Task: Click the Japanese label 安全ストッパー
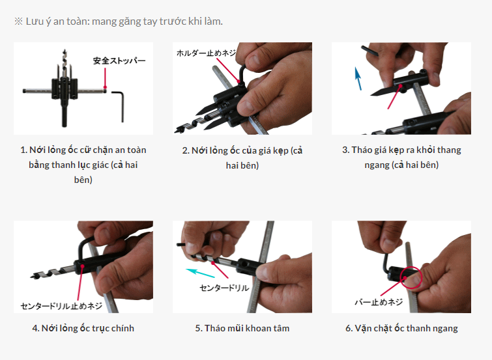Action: point(119,61)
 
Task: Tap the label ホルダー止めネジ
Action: point(207,53)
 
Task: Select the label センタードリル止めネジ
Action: point(61,306)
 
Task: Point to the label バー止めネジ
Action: point(379,302)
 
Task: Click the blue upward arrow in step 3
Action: point(358,78)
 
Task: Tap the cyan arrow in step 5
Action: point(201,273)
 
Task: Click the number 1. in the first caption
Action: point(23,150)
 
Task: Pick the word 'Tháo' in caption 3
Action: point(361,150)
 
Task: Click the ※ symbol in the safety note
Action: point(18,21)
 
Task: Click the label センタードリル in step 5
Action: point(224,288)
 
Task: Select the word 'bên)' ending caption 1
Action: point(83,180)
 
